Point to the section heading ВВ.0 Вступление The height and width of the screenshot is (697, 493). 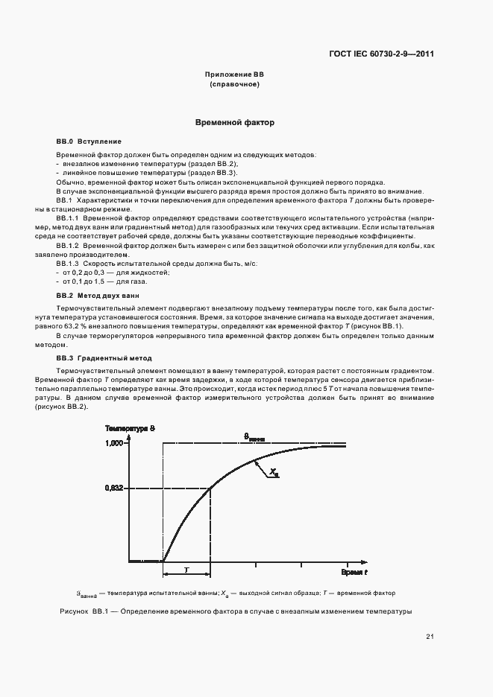[89, 141]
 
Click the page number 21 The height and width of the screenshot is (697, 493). [430, 636]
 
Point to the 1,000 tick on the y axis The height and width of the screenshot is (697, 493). [113, 444]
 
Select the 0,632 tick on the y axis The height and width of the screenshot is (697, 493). [113, 488]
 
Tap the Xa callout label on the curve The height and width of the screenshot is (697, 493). [274, 472]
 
